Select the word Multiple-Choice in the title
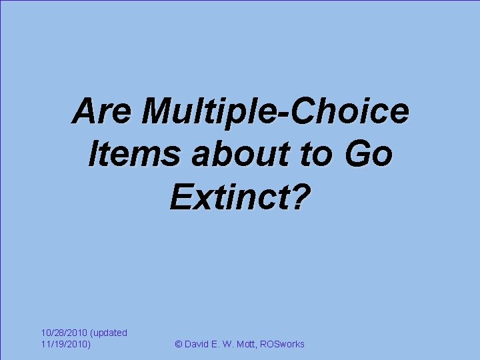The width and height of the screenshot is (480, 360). coord(277,112)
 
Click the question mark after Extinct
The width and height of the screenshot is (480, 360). coord(302,198)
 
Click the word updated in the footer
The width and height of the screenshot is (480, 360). coord(109,332)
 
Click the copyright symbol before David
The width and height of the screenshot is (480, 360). coord(178,344)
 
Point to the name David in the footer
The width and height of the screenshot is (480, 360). coord(198,344)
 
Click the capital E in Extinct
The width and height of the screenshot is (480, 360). coord(182,198)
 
